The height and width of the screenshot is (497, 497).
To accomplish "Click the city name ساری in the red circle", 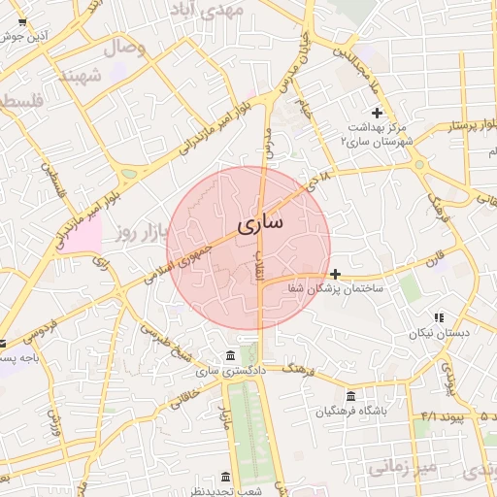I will coord(260,223).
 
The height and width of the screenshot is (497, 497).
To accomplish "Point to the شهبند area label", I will coord(82,76).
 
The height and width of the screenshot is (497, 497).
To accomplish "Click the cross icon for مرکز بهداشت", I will coord(378,114).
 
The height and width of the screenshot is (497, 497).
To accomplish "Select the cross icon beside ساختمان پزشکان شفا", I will coord(336,274).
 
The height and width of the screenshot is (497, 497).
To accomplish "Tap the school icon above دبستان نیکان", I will coord(439,317).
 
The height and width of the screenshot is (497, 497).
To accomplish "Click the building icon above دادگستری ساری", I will coord(229,354).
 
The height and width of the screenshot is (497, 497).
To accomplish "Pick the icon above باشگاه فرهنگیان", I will coord(349,396).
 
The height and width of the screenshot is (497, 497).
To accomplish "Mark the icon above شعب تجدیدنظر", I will coord(226,477).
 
